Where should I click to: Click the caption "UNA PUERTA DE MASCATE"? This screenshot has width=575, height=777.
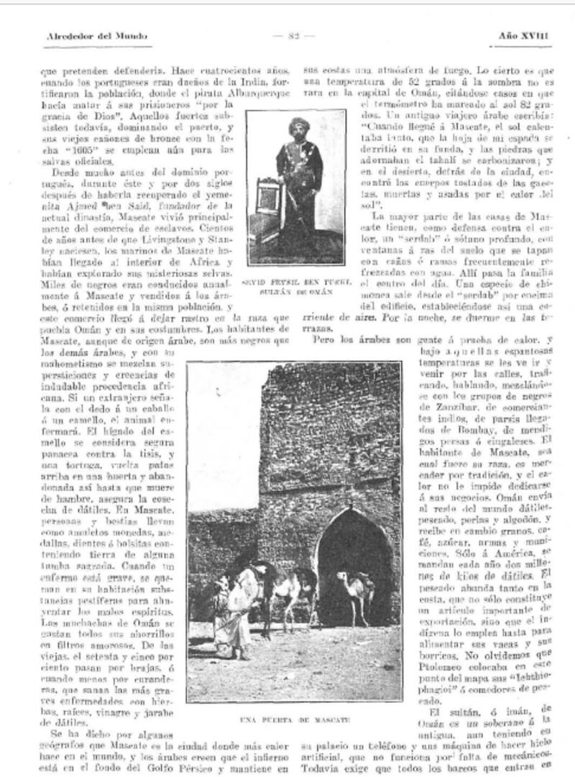point(295,719)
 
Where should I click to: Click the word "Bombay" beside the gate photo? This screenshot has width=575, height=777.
point(459,430)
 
